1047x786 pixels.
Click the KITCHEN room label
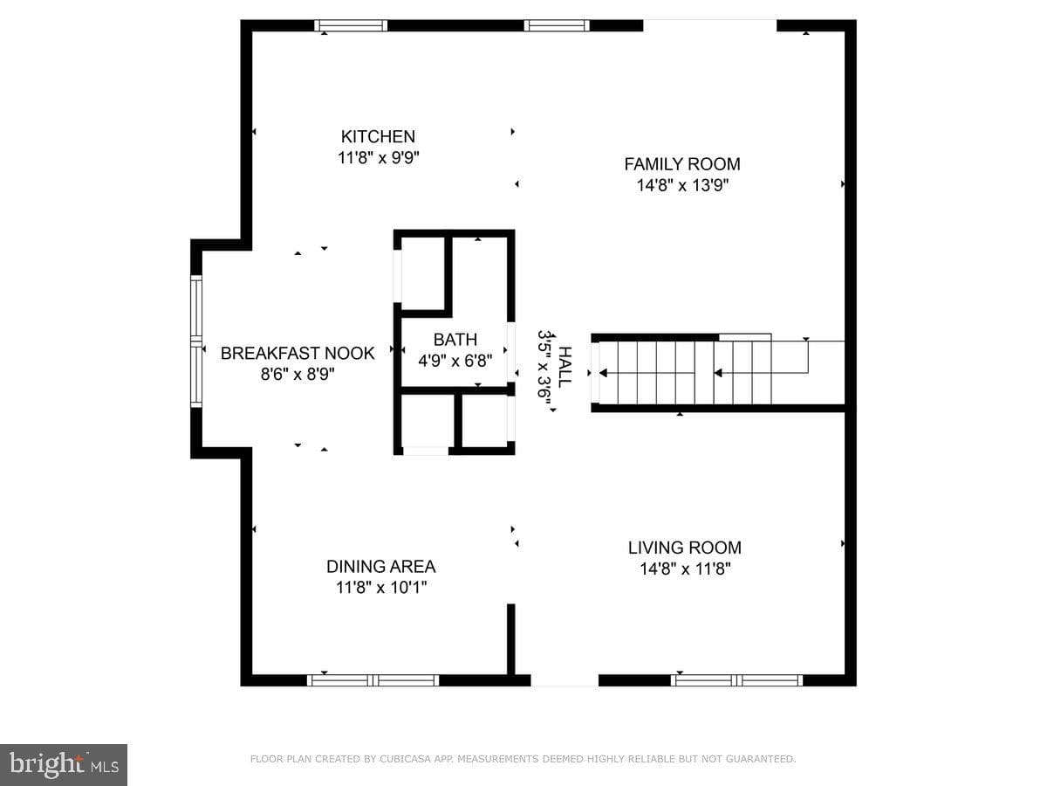click(x=378, y=136)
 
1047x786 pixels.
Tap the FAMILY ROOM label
click(x=682, y=164)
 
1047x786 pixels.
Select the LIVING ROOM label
click(x=685, y=548)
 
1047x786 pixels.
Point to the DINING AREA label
click(x=380, y=567)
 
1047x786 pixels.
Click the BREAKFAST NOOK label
click(x=298, y=353)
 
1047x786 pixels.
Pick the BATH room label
click(x=455, y=340)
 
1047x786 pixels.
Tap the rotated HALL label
click(x=565, y=367)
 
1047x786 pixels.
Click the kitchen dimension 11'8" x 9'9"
click(x=379, y=157)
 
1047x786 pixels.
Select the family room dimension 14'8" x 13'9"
click(x=682, y=185)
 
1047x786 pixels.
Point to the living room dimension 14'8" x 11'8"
click(x=685, y=569)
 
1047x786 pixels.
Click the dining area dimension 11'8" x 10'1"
click(x=380, y=588)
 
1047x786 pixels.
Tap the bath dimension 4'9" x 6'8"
click(x=455, y=361)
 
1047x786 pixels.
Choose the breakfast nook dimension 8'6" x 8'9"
click(x=298, y=374)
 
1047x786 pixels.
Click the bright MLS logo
click(x=64, y=764)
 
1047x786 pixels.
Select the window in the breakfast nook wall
click(x=196, y=341)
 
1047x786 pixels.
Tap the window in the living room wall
click(x=737, y=680)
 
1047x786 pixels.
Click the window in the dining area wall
click(x=373, y=680)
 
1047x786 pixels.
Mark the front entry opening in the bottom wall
click(x=565, y=680)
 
